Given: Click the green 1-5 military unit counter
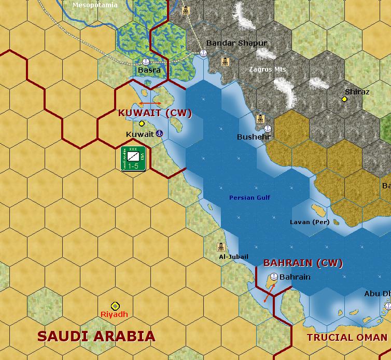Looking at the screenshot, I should coord(133,159).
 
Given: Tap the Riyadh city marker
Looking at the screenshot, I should coord(115,306).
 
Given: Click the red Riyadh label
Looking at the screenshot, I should coord(114,314).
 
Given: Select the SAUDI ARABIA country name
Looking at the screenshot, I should coord(96,336).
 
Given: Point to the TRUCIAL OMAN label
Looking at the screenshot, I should coord(346,337).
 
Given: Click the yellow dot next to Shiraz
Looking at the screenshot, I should coord(344,99).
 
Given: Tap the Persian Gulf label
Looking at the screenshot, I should coord(249,198).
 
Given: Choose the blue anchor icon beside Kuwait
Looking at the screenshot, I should coord(159,134).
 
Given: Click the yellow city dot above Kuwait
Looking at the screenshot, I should coord(142,123).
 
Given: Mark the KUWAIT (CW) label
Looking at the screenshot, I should coord(155,113).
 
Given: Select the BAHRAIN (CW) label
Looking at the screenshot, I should coord(303,263).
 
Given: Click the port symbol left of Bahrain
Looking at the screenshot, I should coord(274,276).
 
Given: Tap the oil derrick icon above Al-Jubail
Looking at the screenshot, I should coord(221,247).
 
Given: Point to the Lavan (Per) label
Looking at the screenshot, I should coord(310,222).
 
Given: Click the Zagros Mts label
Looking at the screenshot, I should coord(267,69).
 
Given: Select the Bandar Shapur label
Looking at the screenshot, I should coord(236,43).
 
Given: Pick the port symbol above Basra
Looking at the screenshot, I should coord(146,61).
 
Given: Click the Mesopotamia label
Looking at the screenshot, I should coord(95,5).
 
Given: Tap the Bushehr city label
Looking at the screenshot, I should coord(254,137).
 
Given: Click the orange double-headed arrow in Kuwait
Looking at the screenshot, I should coord(149,104).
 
